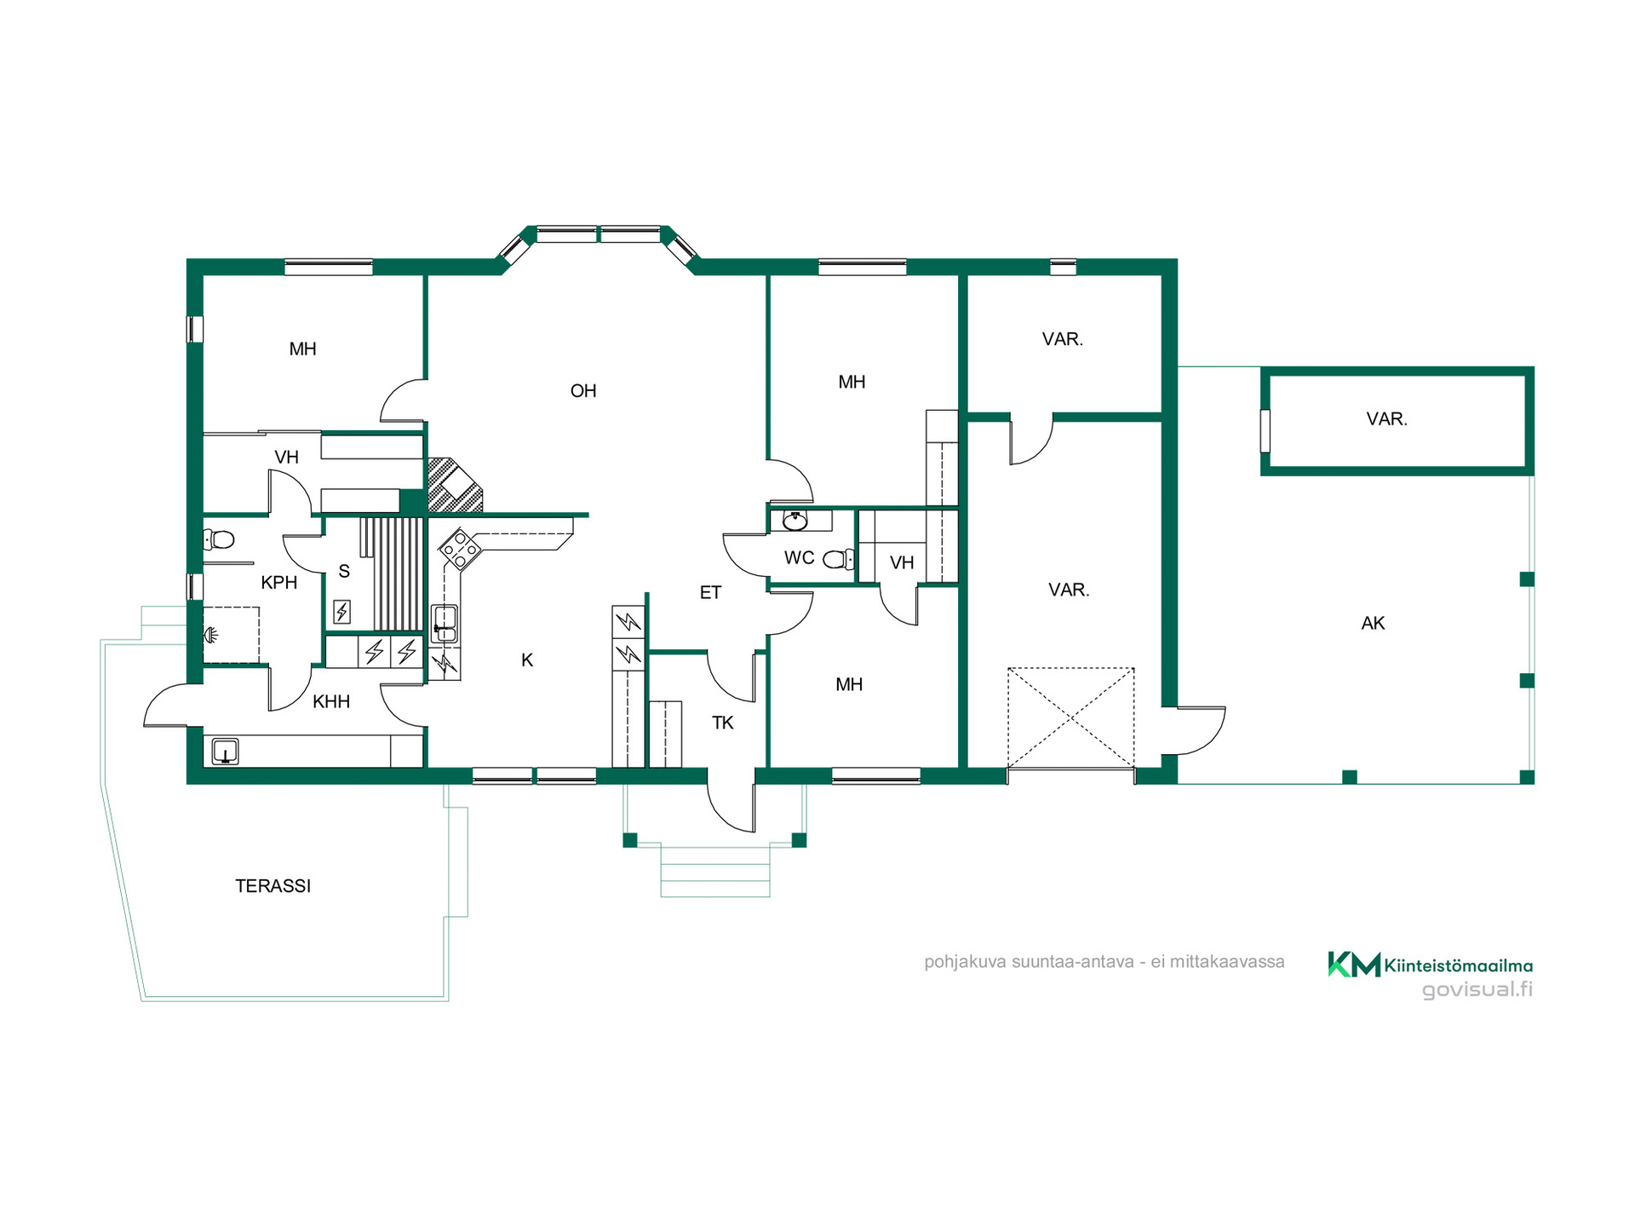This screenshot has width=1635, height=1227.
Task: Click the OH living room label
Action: [583, 391]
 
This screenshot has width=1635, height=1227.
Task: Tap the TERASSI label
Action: [273, 886]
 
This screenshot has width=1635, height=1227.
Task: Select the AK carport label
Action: [1373, 624]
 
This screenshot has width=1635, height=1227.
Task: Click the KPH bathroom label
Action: [279, 583]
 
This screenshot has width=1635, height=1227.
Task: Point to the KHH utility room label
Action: [331, 702]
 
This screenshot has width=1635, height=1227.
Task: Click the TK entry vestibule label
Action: [723, 723]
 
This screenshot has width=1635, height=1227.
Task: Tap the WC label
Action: [800, 558]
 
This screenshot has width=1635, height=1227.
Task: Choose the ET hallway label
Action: [711, 593]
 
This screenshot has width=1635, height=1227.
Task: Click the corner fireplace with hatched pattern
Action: [454, 486]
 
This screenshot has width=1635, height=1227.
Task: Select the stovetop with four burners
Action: [460, 550]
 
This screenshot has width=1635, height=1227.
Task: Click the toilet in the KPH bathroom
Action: [219, 539]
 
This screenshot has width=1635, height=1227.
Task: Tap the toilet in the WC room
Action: [839, 559]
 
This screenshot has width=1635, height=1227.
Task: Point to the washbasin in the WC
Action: [795, 520]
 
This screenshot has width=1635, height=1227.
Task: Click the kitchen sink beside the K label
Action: [445, 623]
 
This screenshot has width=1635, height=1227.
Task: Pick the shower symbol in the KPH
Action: [211, 635]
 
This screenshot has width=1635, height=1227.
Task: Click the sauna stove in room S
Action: [341, 612]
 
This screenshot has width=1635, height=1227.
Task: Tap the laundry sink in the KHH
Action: [225, 752]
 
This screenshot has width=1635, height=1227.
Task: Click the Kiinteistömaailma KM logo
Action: [1431, 965]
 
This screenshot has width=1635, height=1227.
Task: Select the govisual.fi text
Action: [1477, 989]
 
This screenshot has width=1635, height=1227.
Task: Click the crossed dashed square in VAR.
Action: [1071, 718]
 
